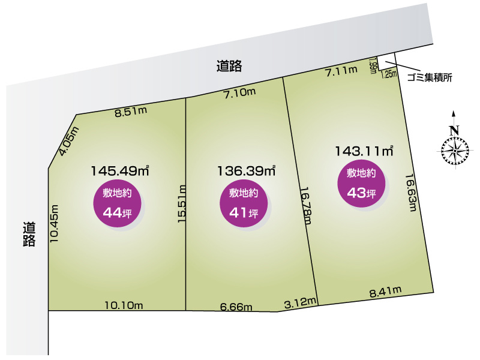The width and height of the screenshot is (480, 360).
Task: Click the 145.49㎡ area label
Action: point(120,171)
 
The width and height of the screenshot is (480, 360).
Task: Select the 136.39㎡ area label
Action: point(246,171)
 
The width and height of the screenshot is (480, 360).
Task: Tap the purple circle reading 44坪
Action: point(117,203)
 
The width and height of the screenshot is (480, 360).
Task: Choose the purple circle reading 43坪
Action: point(361,183)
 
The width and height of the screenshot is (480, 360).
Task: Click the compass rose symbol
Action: point(455,149)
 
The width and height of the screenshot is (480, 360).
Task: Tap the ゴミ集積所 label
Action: point(430,77)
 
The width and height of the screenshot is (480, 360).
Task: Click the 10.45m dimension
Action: point(54,223)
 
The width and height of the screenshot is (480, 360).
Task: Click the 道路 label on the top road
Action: point(229,66)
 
